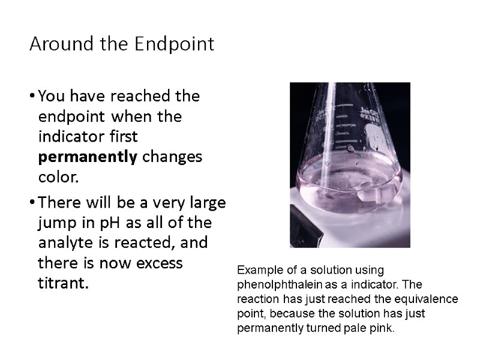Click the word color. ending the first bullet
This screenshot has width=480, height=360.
tap(58, 178)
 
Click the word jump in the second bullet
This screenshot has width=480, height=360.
tap(53, 223)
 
